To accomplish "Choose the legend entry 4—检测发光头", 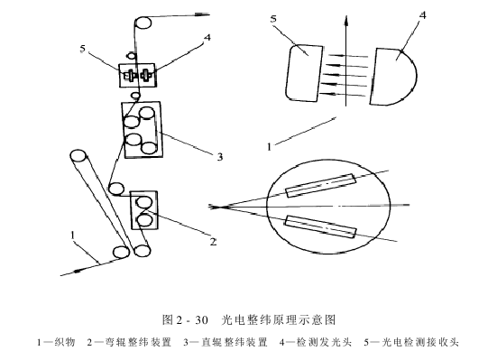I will click(x=313, y=342).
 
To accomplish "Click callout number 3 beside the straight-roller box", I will click(x=218, y=155).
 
